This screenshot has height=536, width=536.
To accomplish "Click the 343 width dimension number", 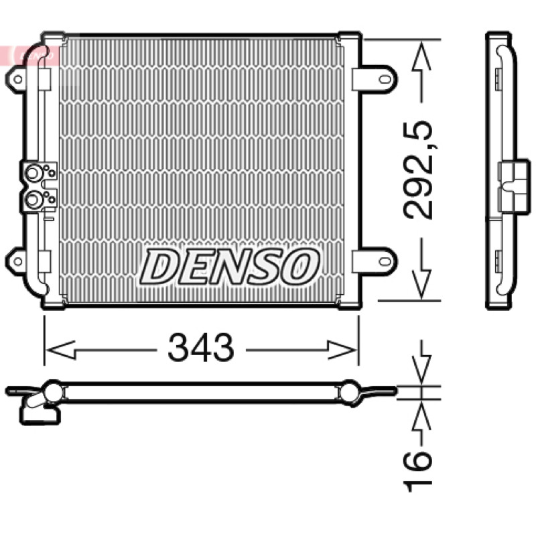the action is [200, 348].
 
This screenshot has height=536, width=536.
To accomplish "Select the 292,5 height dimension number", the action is [417, 170].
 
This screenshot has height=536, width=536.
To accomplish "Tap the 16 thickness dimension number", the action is [417, 471].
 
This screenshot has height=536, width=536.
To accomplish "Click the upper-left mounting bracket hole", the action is [18, 80].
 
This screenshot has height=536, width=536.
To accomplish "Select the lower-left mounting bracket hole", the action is [18, 261].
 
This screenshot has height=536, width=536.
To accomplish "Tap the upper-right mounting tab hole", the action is [385, 80].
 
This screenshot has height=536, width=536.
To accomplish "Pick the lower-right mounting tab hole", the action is [385, 261].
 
